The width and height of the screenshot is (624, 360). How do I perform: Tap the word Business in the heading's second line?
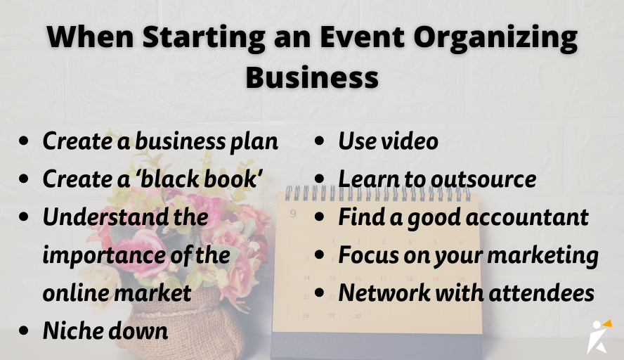click(x=312, y=77)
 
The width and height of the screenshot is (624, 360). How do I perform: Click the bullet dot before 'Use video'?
click(x=320, y=141)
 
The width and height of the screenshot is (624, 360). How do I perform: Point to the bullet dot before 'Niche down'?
click(x=25, y=330)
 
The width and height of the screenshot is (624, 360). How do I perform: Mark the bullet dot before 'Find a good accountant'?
click(x=320, y=217)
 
